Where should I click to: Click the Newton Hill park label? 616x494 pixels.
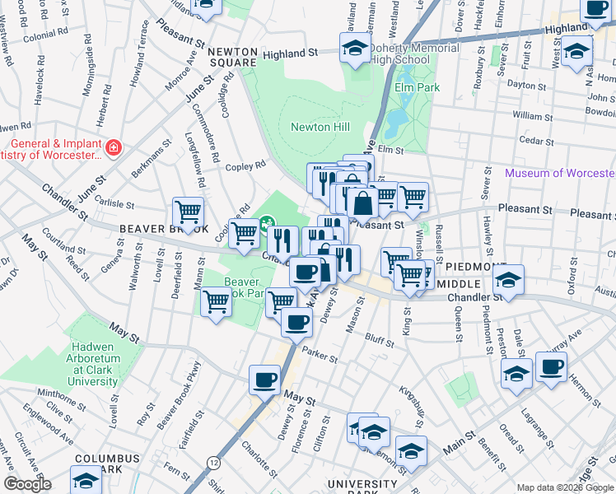(x=320, y=126)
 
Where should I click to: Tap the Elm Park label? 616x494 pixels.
(x=418, y=87)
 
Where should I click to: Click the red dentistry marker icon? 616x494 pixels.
(x=114, y=148)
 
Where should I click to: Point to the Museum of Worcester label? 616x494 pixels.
(x=559, y=173)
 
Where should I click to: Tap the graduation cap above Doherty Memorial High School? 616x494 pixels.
(x=355, y=47)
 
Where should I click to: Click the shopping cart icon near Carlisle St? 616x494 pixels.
(x=188, y=212)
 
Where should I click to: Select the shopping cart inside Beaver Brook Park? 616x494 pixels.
(x=216, y=301)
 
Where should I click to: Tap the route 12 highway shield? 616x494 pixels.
(x=213, y=462)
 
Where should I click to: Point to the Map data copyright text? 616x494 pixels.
(x=564, y=487)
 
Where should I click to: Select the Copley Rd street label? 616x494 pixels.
(x=247, y=165)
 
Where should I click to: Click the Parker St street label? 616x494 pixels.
(x=320, y=357)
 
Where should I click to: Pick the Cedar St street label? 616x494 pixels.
(x=537, y=141)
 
